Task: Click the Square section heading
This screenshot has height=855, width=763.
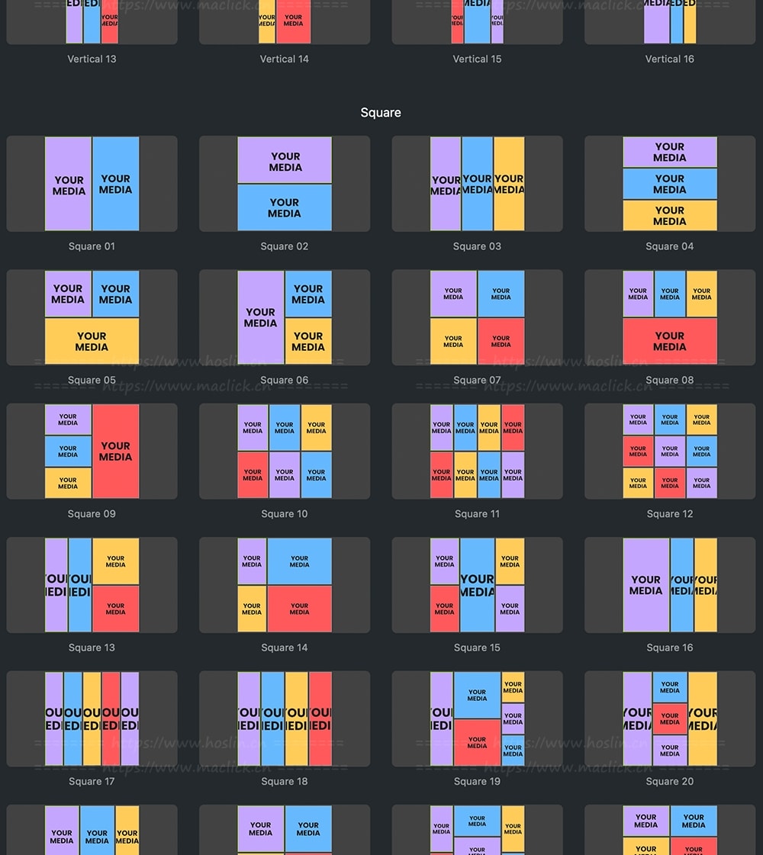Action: point(381,113)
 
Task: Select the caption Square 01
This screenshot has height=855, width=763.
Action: point(92,246)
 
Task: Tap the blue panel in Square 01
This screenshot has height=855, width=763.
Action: point(116,184)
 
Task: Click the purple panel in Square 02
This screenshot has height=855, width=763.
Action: point(285,160)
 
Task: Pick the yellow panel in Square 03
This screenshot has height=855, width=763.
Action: point(509,184)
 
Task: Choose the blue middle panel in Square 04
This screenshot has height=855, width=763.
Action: point(670,184)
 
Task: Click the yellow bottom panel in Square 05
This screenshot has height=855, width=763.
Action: point(92,341)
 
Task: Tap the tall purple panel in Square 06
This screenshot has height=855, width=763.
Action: point(260,317)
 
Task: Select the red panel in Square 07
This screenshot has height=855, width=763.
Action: point(501,341)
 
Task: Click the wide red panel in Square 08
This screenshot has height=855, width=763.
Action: point(670,341)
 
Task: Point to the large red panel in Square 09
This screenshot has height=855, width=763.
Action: point(116,452)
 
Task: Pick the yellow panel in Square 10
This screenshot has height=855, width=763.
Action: point(316,428)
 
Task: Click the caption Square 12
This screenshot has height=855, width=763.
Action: point(670,514)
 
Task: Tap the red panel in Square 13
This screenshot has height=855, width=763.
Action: point(116,609)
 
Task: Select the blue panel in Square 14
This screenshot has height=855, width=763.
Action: point(299,561)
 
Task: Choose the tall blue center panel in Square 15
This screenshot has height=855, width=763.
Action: point(477,585)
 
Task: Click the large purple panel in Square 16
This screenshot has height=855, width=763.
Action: point(645,585)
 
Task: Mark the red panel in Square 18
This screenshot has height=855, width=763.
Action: point(320,718)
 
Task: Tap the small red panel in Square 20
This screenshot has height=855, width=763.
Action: point(670,718)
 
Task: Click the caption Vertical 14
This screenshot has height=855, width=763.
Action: point(285,59)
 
